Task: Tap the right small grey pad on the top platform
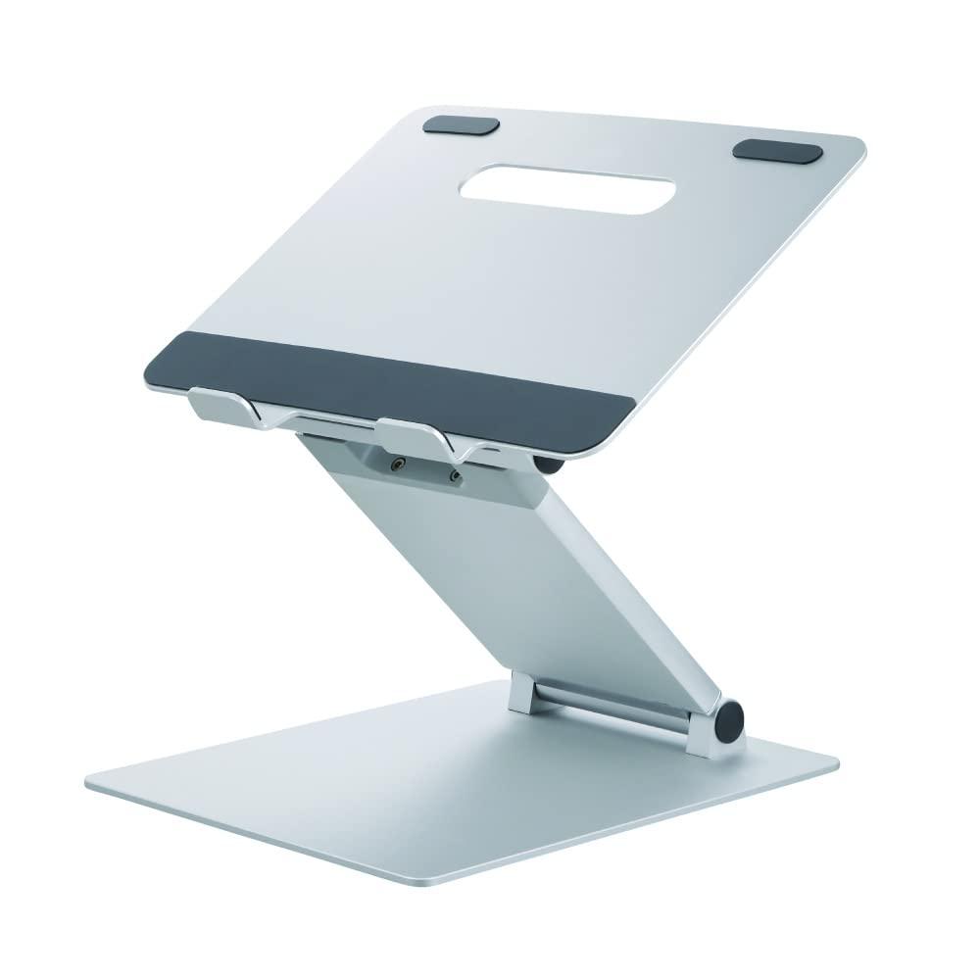click(x=779, y=151)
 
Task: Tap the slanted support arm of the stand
click(x=529, y=568)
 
